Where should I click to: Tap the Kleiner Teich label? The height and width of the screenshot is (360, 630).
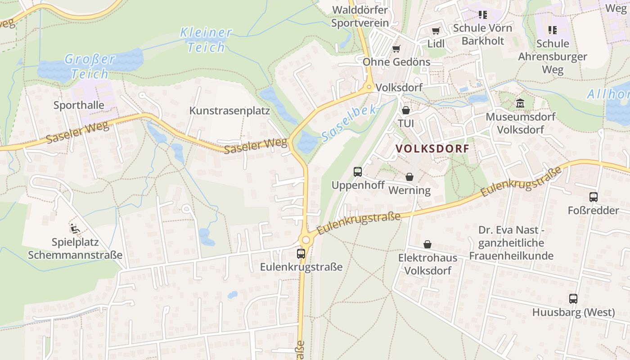[206, 40]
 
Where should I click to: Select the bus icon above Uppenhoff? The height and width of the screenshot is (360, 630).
[358, 171]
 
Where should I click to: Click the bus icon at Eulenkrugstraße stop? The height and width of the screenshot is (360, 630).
[301, 253]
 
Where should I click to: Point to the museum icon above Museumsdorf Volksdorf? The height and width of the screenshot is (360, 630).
[520, 103]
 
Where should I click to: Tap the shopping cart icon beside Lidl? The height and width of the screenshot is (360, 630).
[435, 31]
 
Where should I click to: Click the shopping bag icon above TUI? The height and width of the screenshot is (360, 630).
[406, 110]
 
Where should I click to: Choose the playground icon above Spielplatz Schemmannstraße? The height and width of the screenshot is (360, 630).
[75, 229]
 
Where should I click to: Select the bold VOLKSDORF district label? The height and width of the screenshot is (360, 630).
[432, 148]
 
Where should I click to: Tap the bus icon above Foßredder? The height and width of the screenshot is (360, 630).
[593, 197]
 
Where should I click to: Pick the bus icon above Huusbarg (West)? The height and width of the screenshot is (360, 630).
[573, 298]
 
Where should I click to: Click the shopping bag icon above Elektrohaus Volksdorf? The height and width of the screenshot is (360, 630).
[427, 244]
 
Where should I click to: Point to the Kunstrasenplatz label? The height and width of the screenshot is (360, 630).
[229, 111]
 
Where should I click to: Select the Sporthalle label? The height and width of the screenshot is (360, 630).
[79, 105]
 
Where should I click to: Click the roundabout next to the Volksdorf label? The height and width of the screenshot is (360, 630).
[369, 87]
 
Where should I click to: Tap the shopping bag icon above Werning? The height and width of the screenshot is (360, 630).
[409, 177]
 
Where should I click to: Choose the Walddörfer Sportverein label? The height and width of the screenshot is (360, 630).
[360, 16]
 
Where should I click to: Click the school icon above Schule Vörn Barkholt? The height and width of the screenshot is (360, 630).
[482, 15]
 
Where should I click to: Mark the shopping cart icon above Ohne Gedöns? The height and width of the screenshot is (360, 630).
[396, 49]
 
